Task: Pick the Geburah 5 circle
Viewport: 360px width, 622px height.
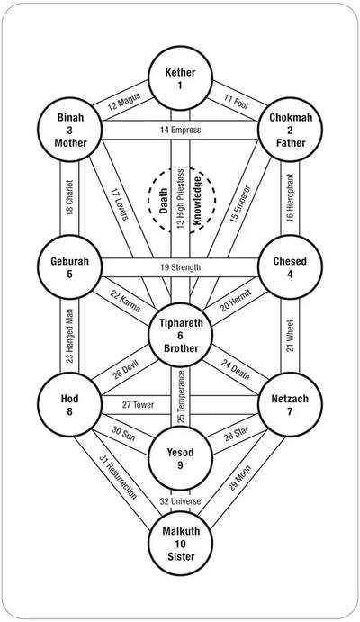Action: [69, 266]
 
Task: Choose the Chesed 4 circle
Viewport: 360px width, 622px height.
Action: [290, 266]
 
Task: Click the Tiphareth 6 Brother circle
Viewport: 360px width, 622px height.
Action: [180, 335]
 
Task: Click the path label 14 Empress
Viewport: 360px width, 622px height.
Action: [179, 131]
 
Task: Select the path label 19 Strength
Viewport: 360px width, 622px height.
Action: [180, 267]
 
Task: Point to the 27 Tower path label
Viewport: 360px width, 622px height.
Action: [138, 404]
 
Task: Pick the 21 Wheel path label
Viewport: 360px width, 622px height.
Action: [290, 335]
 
